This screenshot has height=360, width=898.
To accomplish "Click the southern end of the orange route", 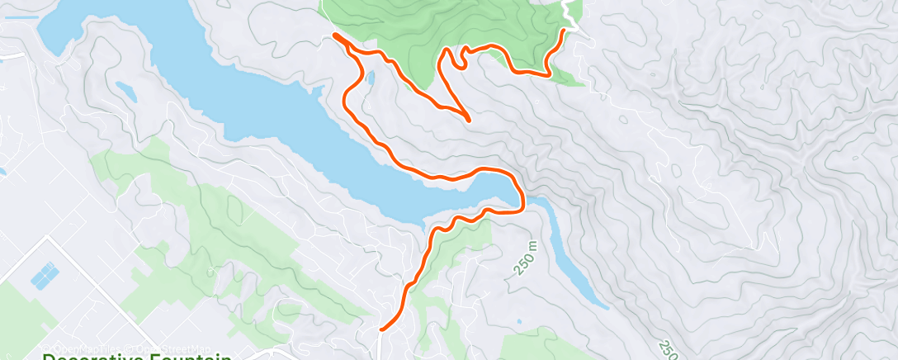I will [x=381, y=329].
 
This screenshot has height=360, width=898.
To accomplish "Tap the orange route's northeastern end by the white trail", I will [x=565, y=31].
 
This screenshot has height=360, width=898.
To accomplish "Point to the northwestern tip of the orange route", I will [x=334, y=35].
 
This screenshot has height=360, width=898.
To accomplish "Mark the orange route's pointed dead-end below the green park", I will [x=469, y=120].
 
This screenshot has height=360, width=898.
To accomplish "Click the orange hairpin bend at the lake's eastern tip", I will [x=522, y=198].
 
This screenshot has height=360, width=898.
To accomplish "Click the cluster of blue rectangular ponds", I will [x=45, y=275].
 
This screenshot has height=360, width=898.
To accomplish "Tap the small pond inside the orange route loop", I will [x=371, y=79].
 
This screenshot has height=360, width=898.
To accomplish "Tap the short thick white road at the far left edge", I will [x=12, y=55].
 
